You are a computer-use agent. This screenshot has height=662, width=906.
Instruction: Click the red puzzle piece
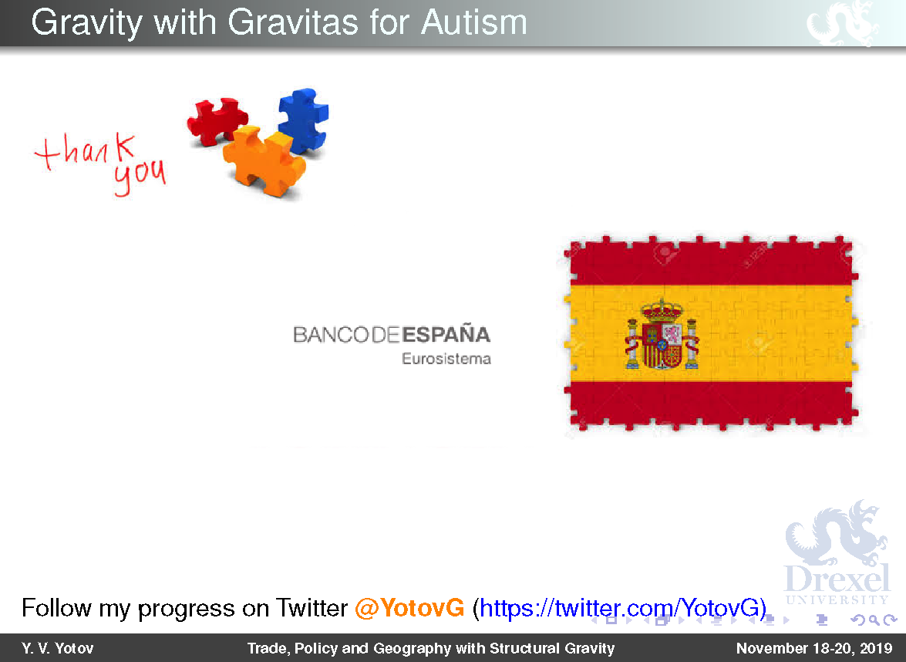coord(217,120)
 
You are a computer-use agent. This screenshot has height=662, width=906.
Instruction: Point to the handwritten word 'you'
coord(140,176)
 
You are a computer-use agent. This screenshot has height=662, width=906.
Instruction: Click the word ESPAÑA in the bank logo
coord(446,335)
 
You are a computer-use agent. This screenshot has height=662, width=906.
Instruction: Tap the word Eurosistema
coord(446,359)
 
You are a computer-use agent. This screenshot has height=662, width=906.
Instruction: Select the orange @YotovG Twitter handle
coord(409,608)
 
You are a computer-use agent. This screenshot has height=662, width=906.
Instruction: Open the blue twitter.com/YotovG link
coord(619,608)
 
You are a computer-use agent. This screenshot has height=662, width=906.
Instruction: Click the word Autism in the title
coord(473,22)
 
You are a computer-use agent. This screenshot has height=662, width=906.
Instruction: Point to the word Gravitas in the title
coord(293,22)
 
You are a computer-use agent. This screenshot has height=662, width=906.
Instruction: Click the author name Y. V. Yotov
coord(57,648)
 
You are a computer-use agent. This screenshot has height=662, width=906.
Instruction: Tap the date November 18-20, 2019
coord(814,648)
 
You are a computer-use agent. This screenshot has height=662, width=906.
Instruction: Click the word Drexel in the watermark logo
coord(837,579)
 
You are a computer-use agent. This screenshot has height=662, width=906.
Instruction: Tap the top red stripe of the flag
coord(711,263)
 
